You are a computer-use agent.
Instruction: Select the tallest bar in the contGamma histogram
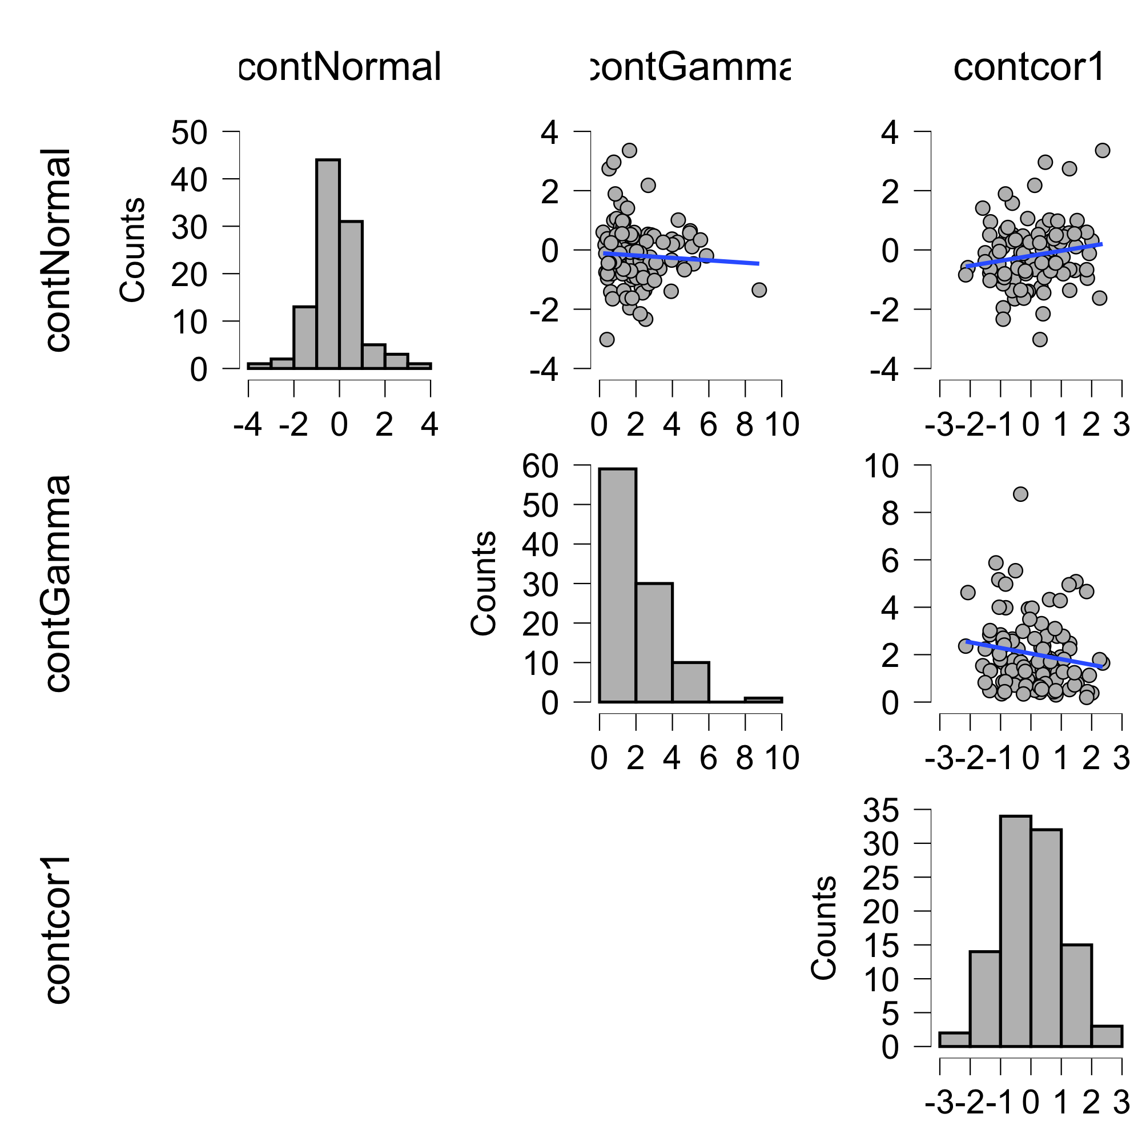(618, 585)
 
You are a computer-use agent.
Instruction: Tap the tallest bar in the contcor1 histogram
(1015, 931)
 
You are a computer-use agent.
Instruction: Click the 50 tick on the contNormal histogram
(189, 132)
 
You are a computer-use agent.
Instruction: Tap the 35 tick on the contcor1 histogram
(880, 810)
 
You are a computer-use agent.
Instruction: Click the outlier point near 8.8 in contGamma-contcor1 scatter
(1020, 494)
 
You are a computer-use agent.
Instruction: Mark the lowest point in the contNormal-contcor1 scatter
(1040, 339)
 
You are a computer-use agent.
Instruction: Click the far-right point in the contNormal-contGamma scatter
(759, 289)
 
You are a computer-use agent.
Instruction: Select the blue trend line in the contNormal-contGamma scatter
(679, 258)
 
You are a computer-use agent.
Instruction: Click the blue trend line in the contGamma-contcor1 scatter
(1035, 654)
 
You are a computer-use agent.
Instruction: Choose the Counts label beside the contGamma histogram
(483, 584)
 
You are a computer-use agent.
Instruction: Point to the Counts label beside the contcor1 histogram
(823, 928)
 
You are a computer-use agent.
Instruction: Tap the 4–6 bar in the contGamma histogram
(690, 682)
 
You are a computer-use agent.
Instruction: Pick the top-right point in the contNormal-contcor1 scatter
(1103, 151)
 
